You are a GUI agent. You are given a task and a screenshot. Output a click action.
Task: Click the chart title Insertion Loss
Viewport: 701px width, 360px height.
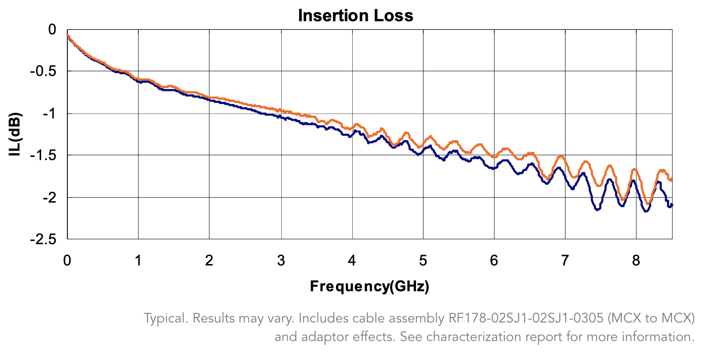click(355, 16)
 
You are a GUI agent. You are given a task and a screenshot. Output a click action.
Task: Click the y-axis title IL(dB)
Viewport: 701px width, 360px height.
click(15, 134)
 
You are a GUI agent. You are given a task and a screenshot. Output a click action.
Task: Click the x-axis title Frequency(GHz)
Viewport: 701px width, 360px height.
click(369, 286)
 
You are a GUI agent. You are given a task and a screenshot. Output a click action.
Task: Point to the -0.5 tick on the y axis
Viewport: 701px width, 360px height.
click(43, 71)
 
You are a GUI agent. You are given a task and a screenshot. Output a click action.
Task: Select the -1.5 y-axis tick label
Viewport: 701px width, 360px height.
click(43, 156)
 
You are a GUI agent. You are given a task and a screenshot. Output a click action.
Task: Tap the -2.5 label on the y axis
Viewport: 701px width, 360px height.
click(43, 239)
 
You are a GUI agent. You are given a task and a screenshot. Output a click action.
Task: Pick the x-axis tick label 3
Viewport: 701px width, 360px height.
click(281, 261)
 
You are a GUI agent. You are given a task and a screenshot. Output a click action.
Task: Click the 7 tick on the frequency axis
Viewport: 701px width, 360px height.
click(565, 261)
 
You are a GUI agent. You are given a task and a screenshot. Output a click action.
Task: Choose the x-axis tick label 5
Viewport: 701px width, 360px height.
click(423, 261)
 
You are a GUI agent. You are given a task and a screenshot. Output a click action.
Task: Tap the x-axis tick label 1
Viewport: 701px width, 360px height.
click(138, 261)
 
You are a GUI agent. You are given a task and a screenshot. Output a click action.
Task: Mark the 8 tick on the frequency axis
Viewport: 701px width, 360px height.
click(636, 261)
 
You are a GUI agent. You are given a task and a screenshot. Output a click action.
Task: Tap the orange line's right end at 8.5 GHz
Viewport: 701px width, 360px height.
click(672, 180)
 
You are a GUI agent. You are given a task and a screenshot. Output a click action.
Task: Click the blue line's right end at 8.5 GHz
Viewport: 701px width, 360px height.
click(672, 205)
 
